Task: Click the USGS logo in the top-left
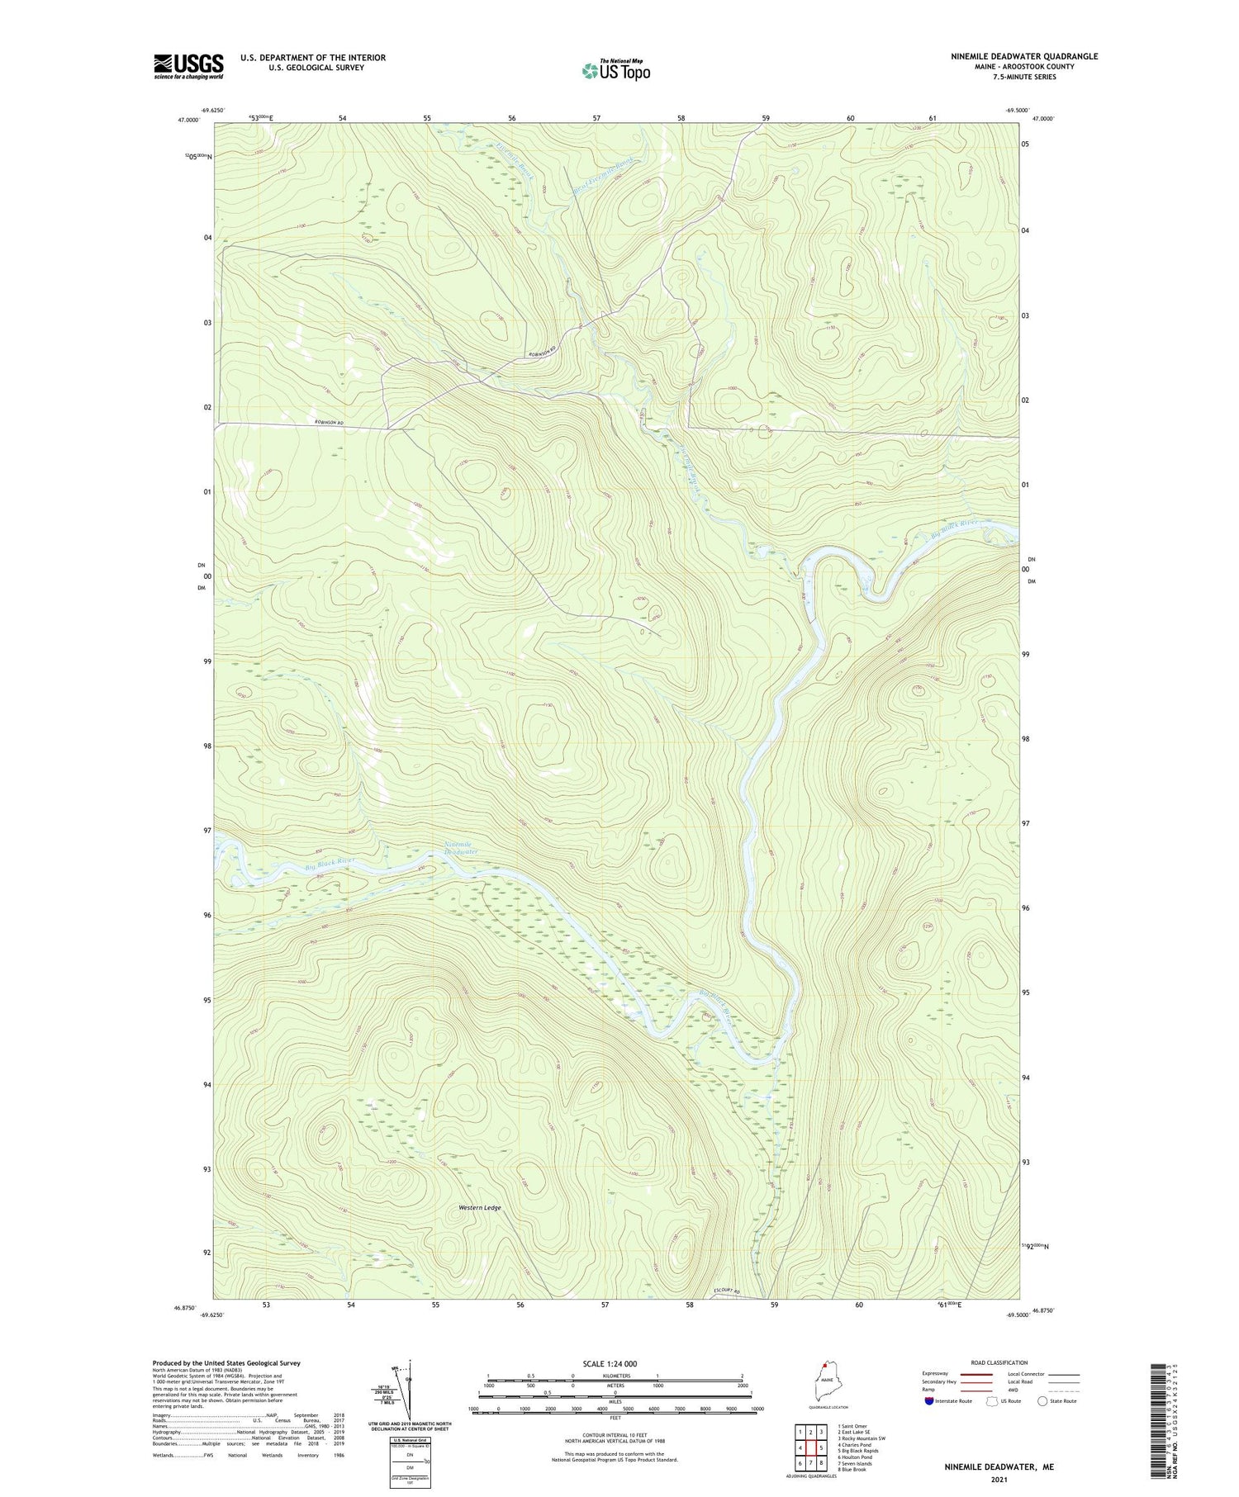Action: (188, 66)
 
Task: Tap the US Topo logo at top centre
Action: (615, 71)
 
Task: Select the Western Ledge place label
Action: (480, 1208)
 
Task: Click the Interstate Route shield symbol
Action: (928, 1401)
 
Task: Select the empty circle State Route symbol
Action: (1042, 1401)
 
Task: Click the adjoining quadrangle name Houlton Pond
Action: (855, 1457)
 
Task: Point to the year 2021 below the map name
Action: (999, 1480)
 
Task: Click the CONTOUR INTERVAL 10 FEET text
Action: (615, 1435)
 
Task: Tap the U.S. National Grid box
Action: (409, 1462)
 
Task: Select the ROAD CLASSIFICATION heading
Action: (999, 1362)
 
